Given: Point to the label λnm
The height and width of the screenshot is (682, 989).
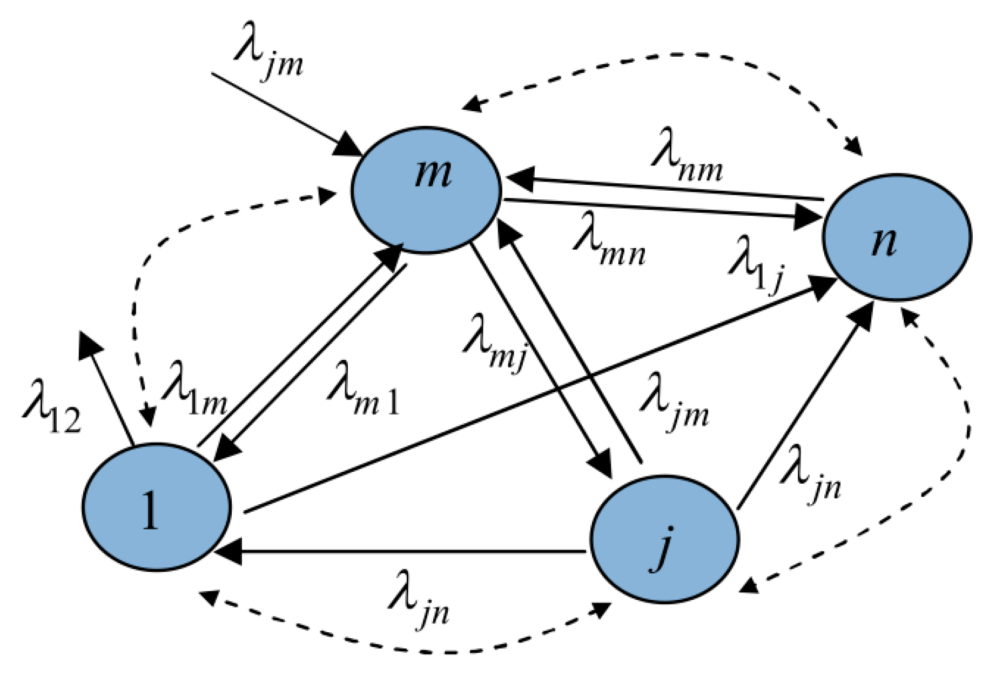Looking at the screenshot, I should [x=686, y=162].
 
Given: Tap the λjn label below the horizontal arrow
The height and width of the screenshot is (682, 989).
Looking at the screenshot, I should [x=419, y=603].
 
